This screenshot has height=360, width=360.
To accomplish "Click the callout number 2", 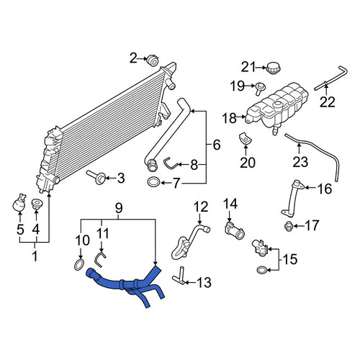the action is pyautogui.click(x=133, y=58).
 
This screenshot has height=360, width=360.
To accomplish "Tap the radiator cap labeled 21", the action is pyautogui.click(x=273, y=68).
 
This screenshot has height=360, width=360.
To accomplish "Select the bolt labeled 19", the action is pyautogui.click(x=261, y=88).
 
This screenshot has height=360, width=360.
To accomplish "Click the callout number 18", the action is pyautogui.click(x=229, y=118).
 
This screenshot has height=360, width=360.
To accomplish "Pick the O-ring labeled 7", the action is pyautogui.click(x=153, y=182).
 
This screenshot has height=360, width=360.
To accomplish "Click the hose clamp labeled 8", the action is pyautogui.click(x=171, y=163).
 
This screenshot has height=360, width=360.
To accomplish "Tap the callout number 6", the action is pyautogui.click(x=216, y=145).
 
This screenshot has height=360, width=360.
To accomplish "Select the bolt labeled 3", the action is pyautogui.click(x=96, y=178).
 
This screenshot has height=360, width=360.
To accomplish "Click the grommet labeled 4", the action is pyautogui.click(x=37, y=204).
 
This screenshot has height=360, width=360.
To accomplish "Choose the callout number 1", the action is pyautogui.click(x=35, y=256).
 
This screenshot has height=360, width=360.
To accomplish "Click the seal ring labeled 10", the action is pyautogui.click(x=79, y=264).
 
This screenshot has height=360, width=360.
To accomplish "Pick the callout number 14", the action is pyautogui.click(x=230, y=204).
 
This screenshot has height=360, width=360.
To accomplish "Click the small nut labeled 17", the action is pyautogui.click(x=287, y=226).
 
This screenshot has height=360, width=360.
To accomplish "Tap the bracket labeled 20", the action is pyautogui.click(x=246, y=139).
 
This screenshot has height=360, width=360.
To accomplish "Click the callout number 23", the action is pyautogui.click(x=300, y=162).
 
